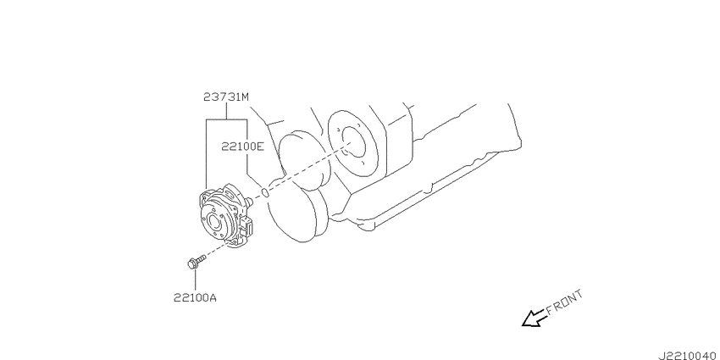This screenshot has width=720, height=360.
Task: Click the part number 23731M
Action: click(226, 97)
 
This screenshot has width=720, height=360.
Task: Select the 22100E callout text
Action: click(243, 147)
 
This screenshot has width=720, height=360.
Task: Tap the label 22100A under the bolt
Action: click(195, 297)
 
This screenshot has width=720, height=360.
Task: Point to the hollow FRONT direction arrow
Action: click(533, 318)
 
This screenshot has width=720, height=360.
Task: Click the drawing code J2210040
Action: click(688, 356)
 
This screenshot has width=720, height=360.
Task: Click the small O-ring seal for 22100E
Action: click(265, 191)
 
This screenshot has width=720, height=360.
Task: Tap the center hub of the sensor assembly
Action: click(214, 223)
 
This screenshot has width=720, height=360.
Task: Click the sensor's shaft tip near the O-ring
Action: click(250, 201)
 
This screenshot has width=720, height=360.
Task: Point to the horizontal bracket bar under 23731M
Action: click(226, 119)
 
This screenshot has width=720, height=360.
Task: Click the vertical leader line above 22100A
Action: click(195, 280)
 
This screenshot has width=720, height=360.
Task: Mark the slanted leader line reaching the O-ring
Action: click(254, 181)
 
